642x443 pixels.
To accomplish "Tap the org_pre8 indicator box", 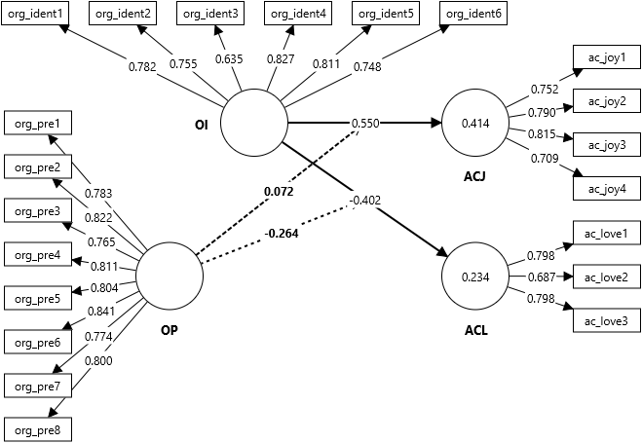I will point(37,428).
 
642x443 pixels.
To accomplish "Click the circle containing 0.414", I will point(474,124).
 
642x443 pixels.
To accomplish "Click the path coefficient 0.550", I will point(366,124).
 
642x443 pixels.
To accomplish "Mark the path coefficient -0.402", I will point(364,201).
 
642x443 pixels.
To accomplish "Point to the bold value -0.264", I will point(282,233).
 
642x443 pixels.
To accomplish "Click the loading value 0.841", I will point(101,313).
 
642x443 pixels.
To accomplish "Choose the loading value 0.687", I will point(539,277).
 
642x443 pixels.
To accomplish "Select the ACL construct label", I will point(476,330).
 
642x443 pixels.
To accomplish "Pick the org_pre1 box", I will point(37,124).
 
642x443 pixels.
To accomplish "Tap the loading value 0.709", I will point(544,158).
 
